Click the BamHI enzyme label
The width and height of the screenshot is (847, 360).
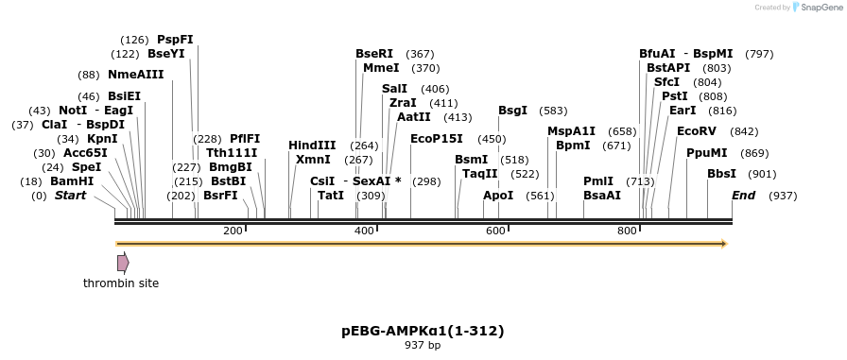tap(72, 181)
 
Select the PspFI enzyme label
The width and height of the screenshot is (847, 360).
tap(175, 40)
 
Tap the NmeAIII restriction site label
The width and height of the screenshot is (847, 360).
tap(136, 75)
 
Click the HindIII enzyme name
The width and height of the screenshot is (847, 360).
tap(312, 146)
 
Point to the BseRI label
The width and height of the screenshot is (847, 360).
tap(374, 54)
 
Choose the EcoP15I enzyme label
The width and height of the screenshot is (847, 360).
tap(438, 139)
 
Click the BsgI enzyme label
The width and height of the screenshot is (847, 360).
tap(513, 111)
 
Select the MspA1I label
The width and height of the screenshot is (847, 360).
tap(572, 131)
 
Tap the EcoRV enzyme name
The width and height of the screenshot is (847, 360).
tap(697, 131)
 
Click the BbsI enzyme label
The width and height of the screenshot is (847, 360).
tap(721, 174)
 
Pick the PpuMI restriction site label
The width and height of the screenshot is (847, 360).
tap(707, 153)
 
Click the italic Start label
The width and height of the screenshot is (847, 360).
tap(70, 196)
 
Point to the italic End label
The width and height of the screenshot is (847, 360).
tap(744, 196)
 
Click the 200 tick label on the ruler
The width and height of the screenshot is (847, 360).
tap(233, 231)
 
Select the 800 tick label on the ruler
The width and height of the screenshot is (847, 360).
tap(627, 231)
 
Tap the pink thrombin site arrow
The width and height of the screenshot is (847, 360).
tap(123, 263)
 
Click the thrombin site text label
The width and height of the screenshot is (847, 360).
tap(121, 283)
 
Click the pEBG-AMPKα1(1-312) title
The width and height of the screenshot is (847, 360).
tap(423, 331)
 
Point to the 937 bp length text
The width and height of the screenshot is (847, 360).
tap(423, 346)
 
